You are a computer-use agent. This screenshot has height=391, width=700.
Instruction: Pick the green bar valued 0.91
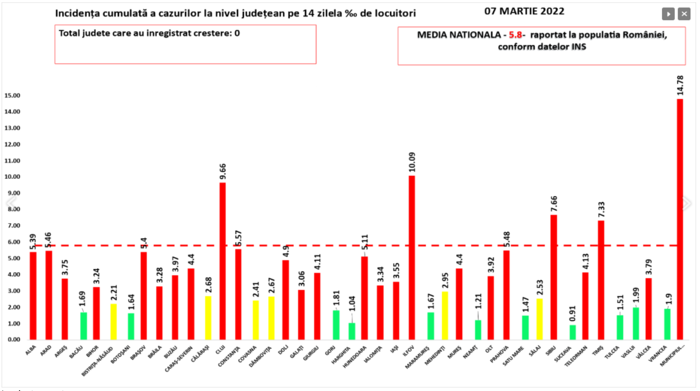pos(573,332)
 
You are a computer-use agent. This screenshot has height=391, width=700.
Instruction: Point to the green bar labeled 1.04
pos(352,331)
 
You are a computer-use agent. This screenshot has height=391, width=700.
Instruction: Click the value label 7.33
pos(601,209)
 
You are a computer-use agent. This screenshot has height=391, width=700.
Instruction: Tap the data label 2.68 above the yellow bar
pos(208,285)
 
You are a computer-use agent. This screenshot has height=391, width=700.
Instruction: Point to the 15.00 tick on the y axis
pos(12,95)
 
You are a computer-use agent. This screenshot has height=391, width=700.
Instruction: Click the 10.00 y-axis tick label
pos(12,177)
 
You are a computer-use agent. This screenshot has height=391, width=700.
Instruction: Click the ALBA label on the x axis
pos(31,350)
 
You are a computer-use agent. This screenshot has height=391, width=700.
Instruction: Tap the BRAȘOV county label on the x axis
pos(138,352)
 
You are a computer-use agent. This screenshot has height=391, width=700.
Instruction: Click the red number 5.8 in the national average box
pos(515,35)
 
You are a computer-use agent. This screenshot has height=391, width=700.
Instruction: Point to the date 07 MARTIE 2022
pos(524,11)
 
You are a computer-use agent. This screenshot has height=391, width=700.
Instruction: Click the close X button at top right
pos(684,14)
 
